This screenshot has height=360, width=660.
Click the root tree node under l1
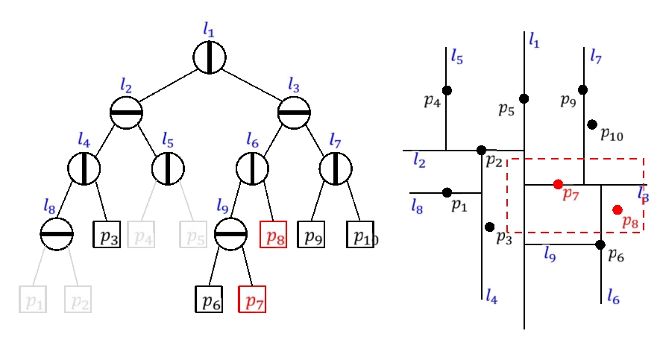(209, 57)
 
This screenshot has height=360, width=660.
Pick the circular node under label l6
(253, 168)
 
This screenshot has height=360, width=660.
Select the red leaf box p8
(272, 235)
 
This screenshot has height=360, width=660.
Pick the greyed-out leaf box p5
(192, 235)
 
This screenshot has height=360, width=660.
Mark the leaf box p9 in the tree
(310, 235)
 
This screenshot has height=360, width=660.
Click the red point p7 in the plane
(558, 183)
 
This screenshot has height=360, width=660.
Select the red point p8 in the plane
(617, 209)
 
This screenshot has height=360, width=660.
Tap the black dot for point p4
(446, 90)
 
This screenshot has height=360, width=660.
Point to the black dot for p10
(591, 124)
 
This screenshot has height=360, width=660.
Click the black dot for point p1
(447, 192)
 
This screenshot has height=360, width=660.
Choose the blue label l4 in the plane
(491, 296)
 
